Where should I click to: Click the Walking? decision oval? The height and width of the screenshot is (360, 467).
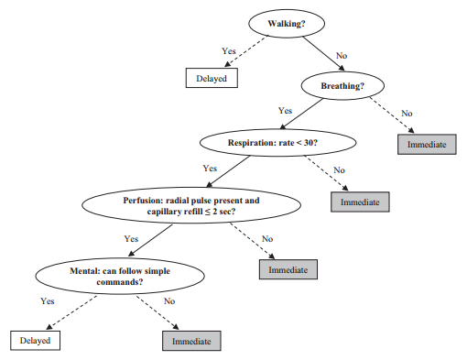[285, 23]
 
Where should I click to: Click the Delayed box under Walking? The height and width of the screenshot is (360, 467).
[212, 78]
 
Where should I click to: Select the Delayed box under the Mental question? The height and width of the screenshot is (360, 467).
[38, 341]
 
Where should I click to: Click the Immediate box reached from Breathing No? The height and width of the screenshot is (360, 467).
[426, 143]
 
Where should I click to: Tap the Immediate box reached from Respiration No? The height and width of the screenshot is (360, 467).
[360, 201]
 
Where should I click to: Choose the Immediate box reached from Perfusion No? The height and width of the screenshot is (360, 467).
[288, 269]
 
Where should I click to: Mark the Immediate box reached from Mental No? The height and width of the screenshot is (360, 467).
[191, 341]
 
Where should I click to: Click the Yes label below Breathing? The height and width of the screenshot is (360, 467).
[285, 110]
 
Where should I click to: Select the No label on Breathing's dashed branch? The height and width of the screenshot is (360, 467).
[408, 113]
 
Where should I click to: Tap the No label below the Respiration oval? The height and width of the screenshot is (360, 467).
[339, 169]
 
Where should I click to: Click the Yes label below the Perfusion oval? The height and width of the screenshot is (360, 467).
[132, 238]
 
